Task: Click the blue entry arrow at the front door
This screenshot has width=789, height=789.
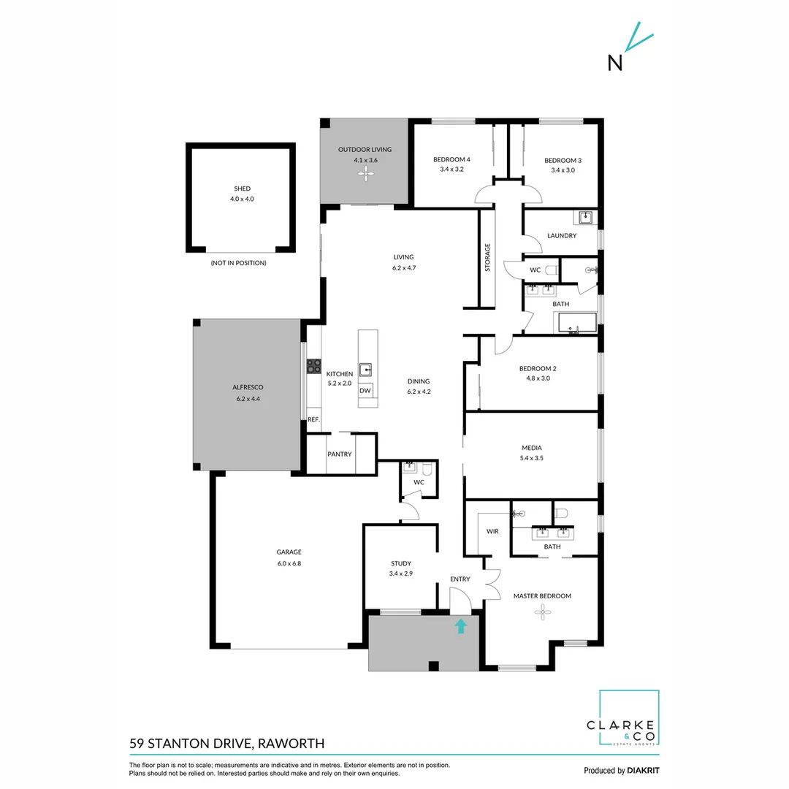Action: (x=461, y=625)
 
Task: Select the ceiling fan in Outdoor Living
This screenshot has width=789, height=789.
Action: (x=364, y=173)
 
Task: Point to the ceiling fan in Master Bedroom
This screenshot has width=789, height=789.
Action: (x=541, y=614)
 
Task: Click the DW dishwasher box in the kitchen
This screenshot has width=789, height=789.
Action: (x=365, y=391)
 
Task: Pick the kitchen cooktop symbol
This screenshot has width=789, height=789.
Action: (x=314, y=366)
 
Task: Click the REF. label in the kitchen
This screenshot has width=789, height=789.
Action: (x=313, y=419)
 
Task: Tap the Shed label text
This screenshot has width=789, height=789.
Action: (x=242, y=188)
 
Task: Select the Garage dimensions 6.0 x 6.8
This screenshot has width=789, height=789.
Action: (x=289, y=563)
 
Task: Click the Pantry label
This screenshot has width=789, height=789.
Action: (x=340, y=454)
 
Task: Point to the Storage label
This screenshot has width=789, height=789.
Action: (x=487, y=258)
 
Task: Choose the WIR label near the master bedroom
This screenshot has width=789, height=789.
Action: (x=492, y=531)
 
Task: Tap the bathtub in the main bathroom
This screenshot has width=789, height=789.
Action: (x=576, y=323)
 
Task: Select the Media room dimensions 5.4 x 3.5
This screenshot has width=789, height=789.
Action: (x=531, y=458)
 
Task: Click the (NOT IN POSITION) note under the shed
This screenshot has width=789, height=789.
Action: (x=238, y=262)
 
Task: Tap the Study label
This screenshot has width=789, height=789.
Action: (x=401, y=563)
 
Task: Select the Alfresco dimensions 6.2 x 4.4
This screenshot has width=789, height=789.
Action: (x=248, y=398)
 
